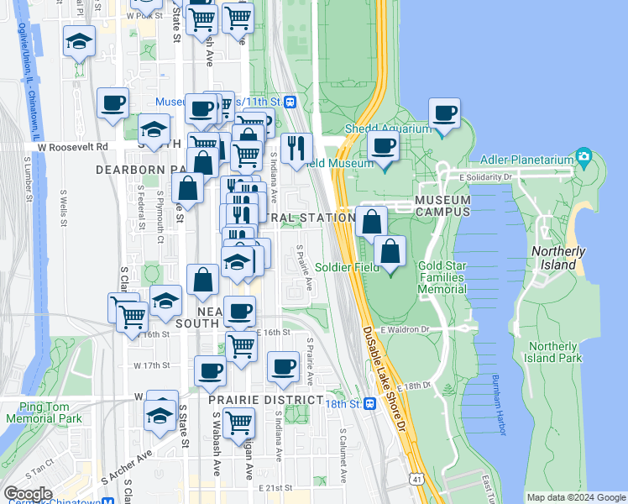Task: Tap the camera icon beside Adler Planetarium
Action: (584, 158)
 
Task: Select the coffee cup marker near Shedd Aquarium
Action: (444, 113)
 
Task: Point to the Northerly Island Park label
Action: (554, 352)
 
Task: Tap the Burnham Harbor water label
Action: (500, 405)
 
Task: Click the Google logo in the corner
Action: (28, 494)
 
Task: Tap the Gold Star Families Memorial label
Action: (442, 277)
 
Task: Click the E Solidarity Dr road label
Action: (486, 176)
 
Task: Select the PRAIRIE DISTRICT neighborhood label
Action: (265, 400)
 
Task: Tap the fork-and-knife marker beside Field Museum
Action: (296, 148)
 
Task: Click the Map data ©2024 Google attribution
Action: (575, 497)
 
